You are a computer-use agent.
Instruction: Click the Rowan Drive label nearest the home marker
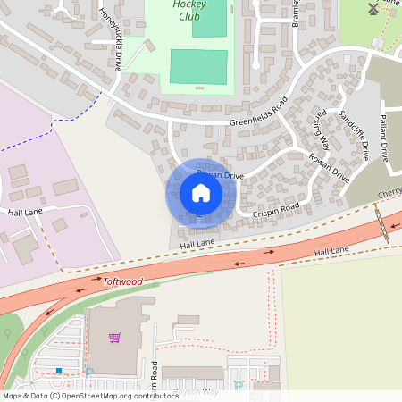[x=220, y=176]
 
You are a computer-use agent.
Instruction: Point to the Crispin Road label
[x=276, y=209]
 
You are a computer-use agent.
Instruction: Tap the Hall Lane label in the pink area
[x=26, y=213]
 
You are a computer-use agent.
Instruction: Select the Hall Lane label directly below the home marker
[x=197, y=243]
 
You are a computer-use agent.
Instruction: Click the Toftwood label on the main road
[x=121, y=281]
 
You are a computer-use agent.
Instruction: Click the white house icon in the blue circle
[x=200, y=193]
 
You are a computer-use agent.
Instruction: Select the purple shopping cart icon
[x=114, y=337]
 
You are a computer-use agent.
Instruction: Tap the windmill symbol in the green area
[x=373, y=9]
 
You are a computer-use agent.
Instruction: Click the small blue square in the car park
[x=59, y=370]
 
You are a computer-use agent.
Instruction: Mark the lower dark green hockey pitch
[x=198, y=67]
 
